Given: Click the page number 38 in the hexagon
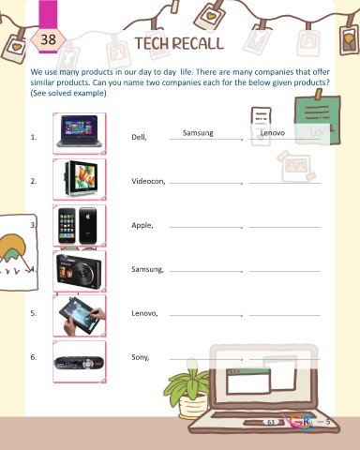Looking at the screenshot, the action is [x=49, y=39].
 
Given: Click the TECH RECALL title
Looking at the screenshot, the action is [x=180, y=43].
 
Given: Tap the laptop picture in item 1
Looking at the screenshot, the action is [x=80, y=131].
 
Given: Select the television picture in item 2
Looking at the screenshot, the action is [x=81, y=179].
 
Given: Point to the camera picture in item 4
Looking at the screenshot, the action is [x=79, y=272].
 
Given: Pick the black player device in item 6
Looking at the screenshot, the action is [x=79, y=363].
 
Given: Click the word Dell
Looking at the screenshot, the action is [x=139, y=137].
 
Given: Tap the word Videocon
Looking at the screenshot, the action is [x=148, y=181].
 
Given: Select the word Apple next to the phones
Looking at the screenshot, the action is [x=142, y=225].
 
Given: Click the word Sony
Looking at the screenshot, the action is [x=141, y=357].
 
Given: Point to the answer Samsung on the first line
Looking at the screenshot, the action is [x=198, y=133].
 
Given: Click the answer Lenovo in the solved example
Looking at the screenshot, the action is [x=273, y=133].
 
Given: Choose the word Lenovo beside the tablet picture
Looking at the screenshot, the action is [x=144, y=313].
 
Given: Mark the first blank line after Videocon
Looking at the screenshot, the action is [x=206, y=183].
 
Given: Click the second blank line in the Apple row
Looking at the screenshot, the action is [x=285, y=227].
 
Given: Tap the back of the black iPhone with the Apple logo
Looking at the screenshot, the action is [x=88, y=225].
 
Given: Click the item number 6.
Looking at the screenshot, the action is [x=34, y=357].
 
